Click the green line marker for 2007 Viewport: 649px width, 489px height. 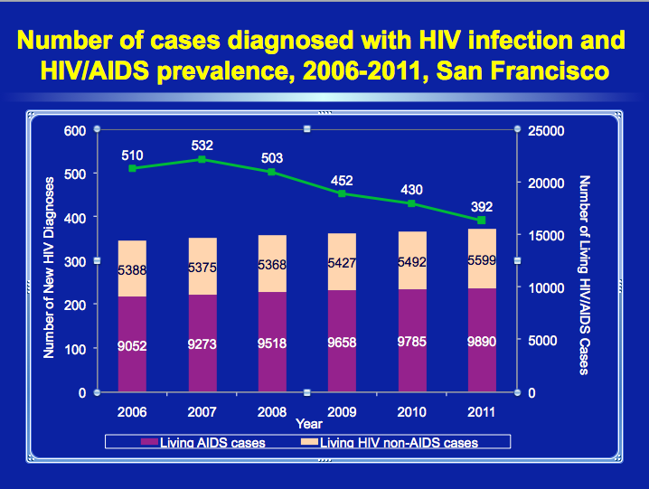pyautogui.click(x=202, y=159)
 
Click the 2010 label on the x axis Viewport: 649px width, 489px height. pyautogui.click(x=411, y=412)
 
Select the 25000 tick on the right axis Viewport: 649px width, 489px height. pyautogui.click(x=545, y=130)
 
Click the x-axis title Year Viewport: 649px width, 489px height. pyautogui.click(x=308, y=423)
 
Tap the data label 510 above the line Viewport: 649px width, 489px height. pyautogui.click(x=133, y=155)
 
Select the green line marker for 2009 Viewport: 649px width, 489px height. pyautogui.click(x=343, y=193)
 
